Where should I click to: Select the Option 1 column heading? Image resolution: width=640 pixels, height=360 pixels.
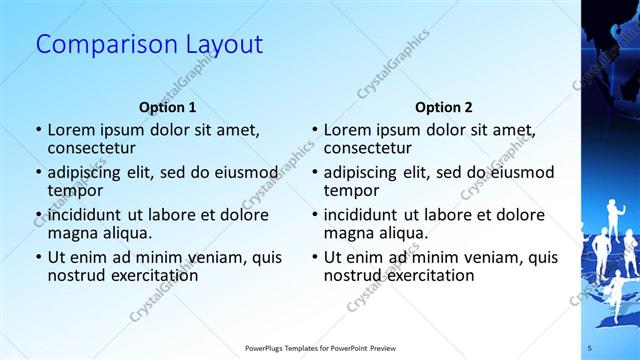coord(167,107)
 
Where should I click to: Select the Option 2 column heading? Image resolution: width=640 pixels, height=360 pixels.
coord(444,107)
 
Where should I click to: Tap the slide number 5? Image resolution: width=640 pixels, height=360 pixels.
coord(590,347)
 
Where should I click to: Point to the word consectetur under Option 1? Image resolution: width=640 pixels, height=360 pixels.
coord(91,148)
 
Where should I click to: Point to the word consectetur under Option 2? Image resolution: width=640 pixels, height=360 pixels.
coord(367,148)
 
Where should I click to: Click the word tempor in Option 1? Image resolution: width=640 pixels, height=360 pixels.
coord(75,190)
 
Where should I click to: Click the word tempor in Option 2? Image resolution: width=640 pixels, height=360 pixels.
coord(352,190)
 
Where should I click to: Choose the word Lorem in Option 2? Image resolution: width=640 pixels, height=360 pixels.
coord(348,130)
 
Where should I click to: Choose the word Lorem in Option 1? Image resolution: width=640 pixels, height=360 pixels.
coord(72,130)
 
